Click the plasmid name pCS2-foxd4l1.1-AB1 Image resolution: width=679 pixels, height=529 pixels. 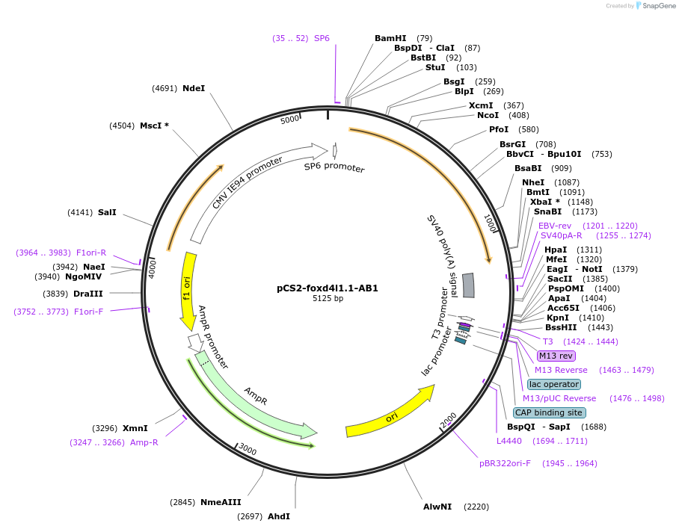328,288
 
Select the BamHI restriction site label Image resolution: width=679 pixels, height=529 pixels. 390,38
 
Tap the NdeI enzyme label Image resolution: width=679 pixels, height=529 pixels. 194,88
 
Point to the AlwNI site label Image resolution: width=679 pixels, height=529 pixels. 437,507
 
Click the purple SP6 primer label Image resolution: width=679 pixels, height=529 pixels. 322,38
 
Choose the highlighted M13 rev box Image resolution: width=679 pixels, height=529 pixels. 556,356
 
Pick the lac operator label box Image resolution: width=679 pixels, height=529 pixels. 553,384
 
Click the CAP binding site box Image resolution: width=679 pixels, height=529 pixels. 549,412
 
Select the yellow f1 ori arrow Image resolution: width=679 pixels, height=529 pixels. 188,291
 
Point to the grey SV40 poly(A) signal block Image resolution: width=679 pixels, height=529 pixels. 468,285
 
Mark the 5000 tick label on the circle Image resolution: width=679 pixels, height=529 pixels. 289,120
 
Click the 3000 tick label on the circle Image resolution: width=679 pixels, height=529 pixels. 248,451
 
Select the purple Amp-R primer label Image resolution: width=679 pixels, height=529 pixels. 144,442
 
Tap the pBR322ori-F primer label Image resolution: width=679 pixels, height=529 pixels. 505,463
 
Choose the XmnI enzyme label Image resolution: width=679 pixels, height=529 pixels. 135,428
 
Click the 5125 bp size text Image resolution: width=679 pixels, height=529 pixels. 328,299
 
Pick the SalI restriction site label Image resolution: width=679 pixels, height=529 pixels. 107,212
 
